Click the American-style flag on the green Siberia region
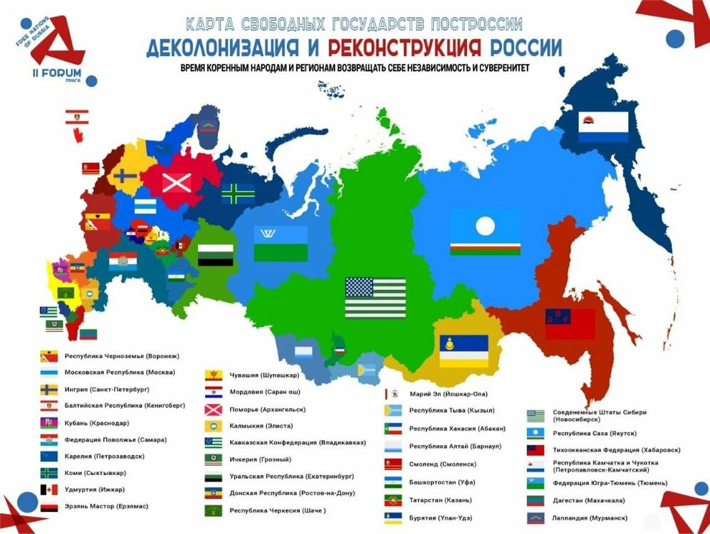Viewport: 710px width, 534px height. [375, 298]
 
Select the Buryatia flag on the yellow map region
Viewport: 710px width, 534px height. [463, 350]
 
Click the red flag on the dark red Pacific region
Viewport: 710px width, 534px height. [570, 323]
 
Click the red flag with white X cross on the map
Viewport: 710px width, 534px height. [177, 182]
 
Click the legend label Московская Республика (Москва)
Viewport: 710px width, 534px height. [119, 372]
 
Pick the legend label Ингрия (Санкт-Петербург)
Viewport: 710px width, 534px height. [106, 389]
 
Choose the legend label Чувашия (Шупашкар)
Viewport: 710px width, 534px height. [263, 375]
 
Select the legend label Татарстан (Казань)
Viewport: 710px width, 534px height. [440, 500]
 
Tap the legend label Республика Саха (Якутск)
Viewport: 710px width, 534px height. [595, 433]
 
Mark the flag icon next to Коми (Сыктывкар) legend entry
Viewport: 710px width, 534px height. [48, 473]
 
